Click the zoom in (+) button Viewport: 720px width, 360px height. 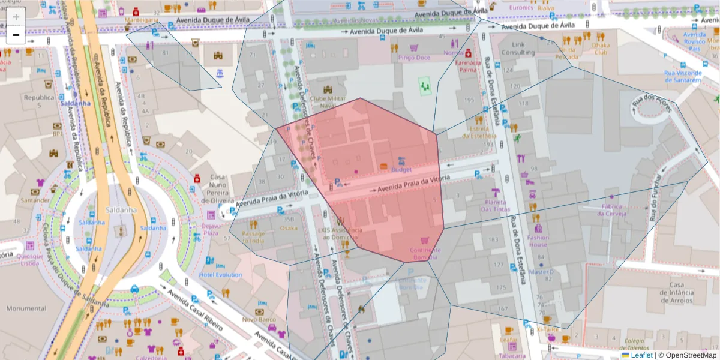pos(16,17)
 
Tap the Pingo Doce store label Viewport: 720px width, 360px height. pos(414,58)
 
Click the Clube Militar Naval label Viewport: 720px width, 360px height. pos(328,101)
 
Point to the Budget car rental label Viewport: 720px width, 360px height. pos(401,170)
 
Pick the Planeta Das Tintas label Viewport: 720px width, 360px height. pos(495,205)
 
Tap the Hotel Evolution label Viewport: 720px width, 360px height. pos(220,275)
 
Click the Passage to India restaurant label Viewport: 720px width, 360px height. pos(253,236)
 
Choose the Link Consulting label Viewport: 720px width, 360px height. pos(518,49)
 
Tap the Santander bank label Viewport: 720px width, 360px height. pos(35,200)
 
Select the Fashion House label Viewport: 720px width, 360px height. pos(538,241)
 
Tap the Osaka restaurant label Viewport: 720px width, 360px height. pos(289,228)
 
